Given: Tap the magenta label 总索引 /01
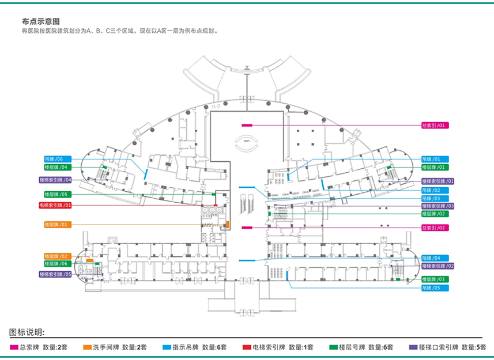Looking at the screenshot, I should click(435, 125).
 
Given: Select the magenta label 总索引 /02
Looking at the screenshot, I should click(435, 228).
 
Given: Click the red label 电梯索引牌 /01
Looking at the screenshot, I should click(56, 205).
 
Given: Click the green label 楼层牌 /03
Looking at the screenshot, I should click(435, 279).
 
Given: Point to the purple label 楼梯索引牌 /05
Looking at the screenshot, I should click(56, 274).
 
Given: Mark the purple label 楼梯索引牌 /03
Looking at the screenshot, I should click(438, 206).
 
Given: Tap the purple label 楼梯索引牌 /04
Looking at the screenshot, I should click(56, 180).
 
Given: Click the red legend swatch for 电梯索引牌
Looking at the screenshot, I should click(247, 347).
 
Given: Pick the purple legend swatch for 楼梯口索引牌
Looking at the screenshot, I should click(413, 347).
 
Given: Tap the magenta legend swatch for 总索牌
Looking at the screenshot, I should click(14, 347).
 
